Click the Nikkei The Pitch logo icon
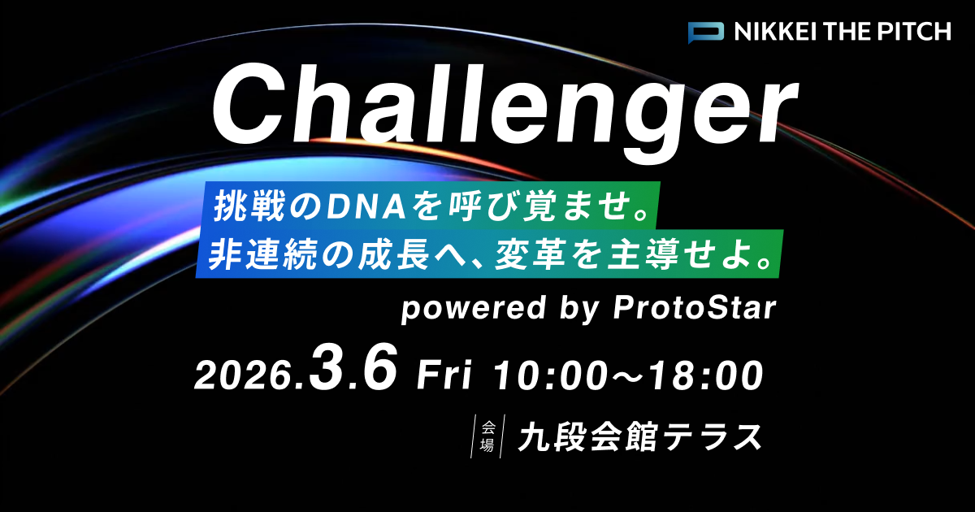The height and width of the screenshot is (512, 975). [705, 33]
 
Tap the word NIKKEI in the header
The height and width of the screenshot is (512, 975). [775, 32]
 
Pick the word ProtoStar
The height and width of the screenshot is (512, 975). [695, 308]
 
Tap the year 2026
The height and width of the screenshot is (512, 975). [243, 375]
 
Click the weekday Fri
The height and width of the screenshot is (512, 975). [444, 375]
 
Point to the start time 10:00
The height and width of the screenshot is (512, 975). [551, 375]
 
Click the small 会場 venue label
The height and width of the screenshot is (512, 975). [487, 436]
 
